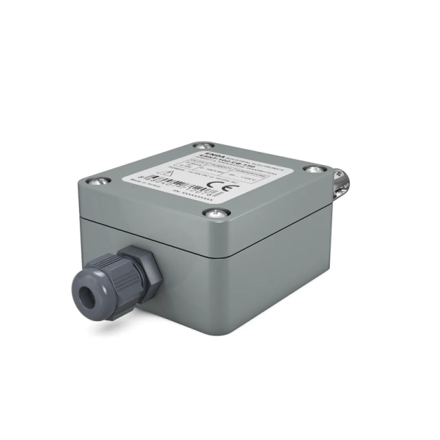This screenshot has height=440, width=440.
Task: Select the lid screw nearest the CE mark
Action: [214, 213]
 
